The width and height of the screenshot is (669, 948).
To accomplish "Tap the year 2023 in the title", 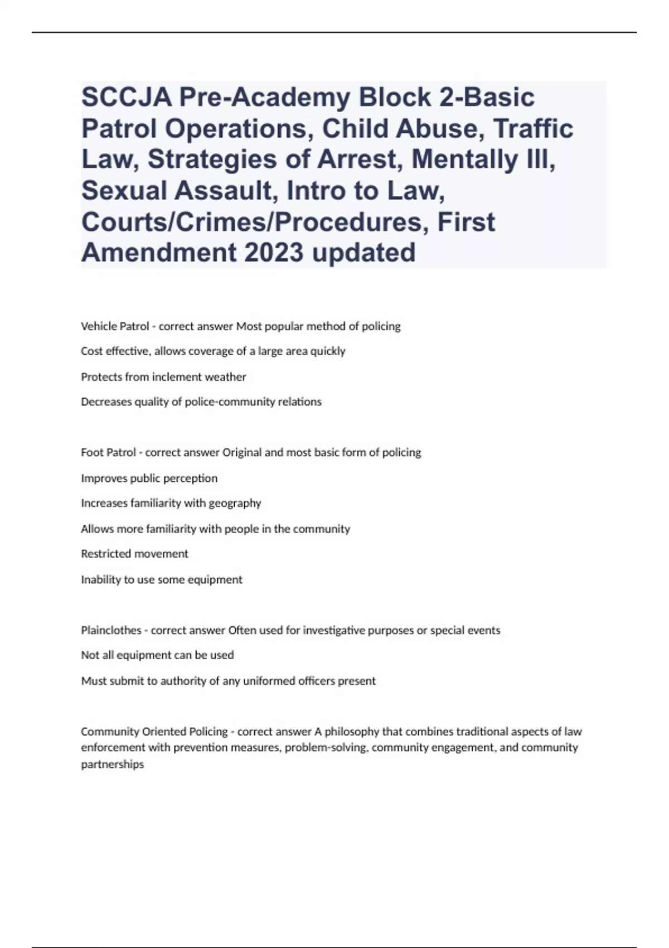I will point(273,252).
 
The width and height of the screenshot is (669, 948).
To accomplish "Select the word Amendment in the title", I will point(158,252).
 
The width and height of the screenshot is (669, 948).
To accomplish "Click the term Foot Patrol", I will point(108,452).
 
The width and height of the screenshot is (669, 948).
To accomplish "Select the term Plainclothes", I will point(111,630).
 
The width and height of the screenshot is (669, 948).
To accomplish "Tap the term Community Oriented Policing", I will point(154,731).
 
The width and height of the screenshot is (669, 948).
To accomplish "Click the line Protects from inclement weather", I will point(163,377).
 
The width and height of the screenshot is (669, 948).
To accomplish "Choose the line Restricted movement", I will point(134,554).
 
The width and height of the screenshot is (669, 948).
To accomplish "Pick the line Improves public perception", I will point(149,478).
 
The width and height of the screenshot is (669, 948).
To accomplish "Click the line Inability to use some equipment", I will point(162,579).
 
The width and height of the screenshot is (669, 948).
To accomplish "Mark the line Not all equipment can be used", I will point(157,655).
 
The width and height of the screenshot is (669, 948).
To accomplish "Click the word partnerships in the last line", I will point(112,765).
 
